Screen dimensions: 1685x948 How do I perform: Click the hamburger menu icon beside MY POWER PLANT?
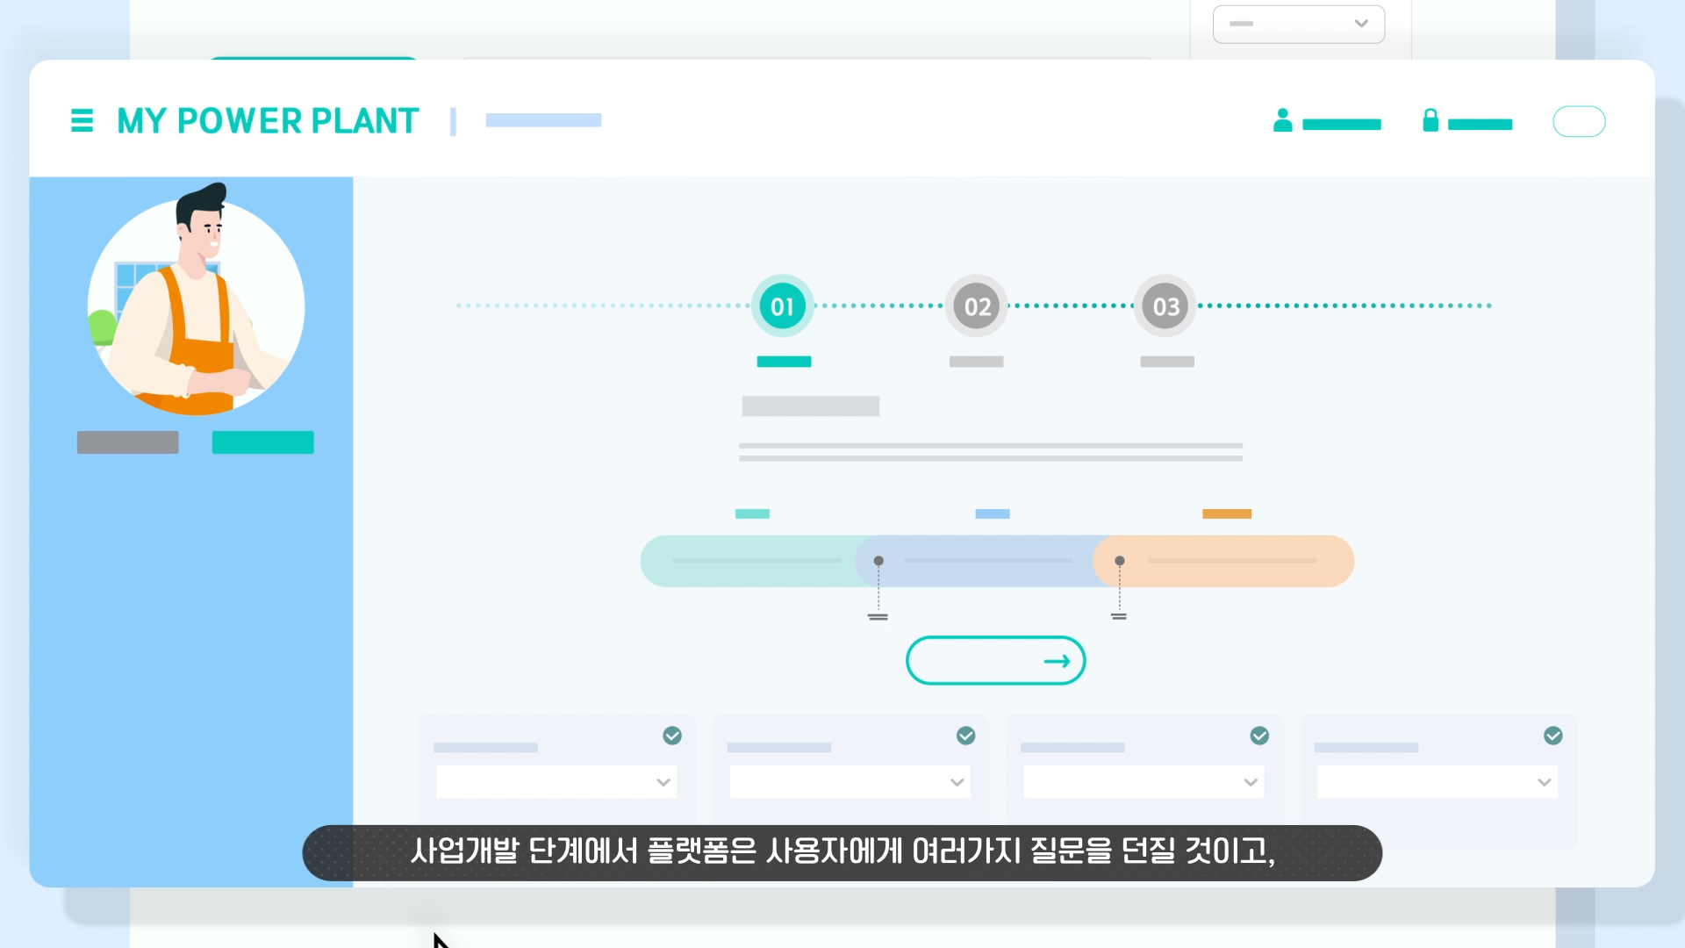point(82,120)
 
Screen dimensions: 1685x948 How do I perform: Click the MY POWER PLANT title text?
point(268,121)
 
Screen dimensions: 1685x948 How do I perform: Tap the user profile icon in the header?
point(1282,120)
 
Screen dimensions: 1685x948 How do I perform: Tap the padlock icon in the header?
point(1430,120)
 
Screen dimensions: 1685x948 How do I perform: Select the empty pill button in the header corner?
point(1579,121)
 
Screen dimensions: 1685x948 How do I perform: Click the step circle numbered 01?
point(782,306)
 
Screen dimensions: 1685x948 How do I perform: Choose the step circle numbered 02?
point(977,306)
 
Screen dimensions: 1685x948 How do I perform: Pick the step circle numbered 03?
point(1165,306)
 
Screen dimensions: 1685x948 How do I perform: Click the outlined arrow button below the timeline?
point(995,660)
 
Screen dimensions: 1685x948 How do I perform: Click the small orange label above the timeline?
point(1226,513)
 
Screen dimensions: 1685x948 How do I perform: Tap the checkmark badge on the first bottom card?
point(672,736)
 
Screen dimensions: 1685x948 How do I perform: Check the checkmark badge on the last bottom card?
point(1552,736)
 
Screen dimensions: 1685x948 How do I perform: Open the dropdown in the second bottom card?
point(850,782)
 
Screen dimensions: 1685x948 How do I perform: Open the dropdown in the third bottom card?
point(1143,782)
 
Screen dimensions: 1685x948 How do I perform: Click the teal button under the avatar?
point(262,442)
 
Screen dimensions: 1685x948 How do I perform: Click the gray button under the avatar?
point(128,442)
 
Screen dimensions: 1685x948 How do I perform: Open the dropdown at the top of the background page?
point(1298,24)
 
